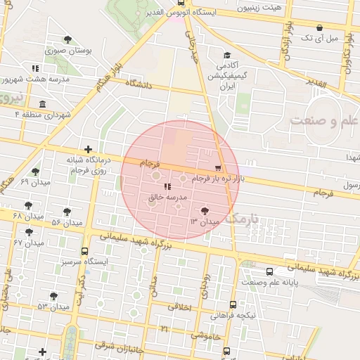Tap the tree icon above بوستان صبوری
67,40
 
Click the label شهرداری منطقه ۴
44,114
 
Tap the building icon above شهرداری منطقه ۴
43,104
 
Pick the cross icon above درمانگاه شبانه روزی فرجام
87,149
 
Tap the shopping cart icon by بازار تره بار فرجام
218,168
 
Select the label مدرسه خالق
167,198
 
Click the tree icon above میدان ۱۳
205,210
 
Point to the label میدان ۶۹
34,182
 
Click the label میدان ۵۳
53,307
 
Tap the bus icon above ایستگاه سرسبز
85,251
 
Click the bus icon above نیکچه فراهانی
233,304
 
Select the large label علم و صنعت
324,121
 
